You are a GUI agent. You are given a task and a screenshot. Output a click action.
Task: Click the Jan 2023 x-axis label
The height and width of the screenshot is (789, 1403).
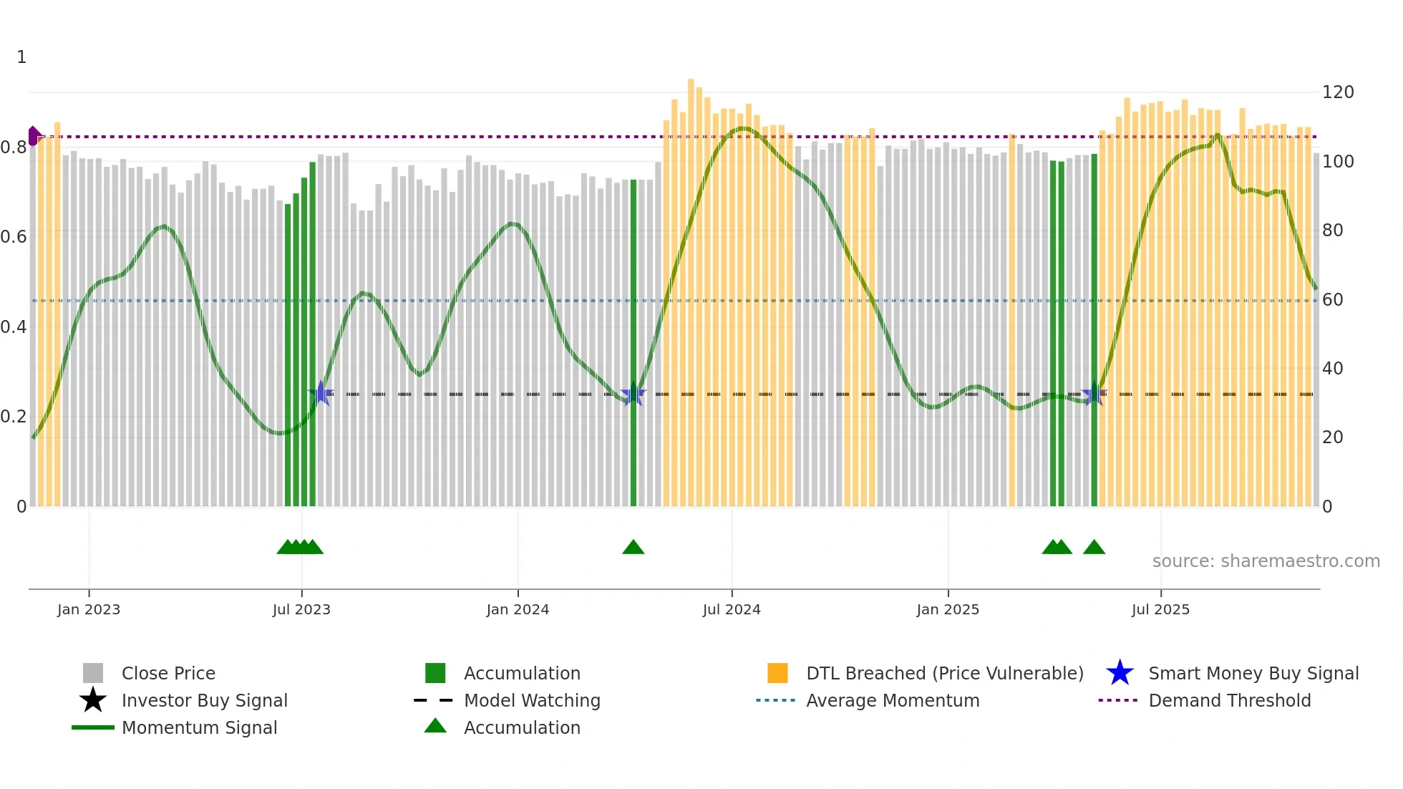coord(89,609)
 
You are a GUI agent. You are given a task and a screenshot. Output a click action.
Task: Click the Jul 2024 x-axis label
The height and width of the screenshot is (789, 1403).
coord(731,609)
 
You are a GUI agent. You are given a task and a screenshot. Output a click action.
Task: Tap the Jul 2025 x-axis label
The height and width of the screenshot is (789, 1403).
coord(1160,609)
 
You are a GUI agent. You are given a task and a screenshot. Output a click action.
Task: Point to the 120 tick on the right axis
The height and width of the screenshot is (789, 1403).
coord(1337,92)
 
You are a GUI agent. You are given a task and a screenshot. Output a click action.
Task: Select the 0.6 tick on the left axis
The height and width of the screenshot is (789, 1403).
coord(14,237)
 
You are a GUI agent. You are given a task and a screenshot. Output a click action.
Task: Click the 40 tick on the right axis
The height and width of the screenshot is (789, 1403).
coord(1332,369)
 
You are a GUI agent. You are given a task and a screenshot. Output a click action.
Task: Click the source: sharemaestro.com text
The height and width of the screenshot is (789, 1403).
coord(1266,561)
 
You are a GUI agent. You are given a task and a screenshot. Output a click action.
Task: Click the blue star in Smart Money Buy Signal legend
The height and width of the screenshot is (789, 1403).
coord(1120,673)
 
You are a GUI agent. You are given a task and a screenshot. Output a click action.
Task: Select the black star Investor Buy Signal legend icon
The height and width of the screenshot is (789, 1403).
coord(93,700)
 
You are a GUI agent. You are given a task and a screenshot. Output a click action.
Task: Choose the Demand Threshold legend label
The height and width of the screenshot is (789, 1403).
coord(1229,700)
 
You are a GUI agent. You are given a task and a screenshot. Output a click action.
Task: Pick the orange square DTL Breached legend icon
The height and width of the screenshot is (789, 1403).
coord(777,673)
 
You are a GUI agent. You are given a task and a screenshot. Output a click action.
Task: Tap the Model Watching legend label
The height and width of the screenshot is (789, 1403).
coord(532,700)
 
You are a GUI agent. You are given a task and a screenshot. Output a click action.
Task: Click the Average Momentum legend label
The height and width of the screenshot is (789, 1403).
coord(893,700)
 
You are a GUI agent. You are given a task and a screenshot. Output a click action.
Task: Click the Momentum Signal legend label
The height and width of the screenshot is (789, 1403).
coord(199,727)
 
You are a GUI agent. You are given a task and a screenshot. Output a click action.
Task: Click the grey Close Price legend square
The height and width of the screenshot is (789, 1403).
coord(93,673)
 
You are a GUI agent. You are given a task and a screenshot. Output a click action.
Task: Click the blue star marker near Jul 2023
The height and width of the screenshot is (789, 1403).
coord(321,393)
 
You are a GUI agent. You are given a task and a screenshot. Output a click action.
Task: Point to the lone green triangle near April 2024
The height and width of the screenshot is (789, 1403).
coord(633,548)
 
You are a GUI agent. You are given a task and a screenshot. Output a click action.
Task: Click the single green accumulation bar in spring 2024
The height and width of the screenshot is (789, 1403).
coord(633,344)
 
